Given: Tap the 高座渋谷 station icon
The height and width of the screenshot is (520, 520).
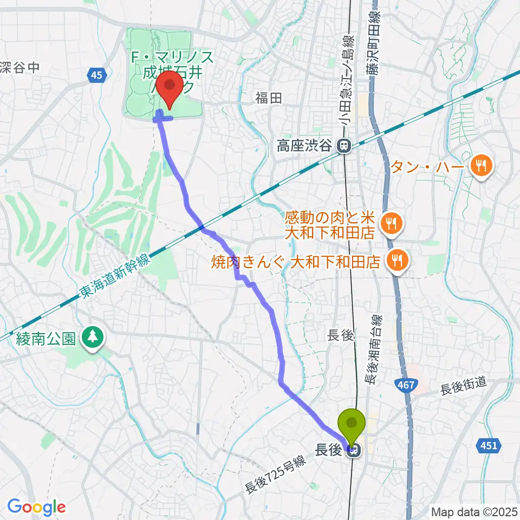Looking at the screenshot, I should pos(342,145).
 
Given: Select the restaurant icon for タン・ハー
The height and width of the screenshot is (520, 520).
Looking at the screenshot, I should pos(480,166).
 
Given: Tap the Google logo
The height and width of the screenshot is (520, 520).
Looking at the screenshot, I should pos(36,508).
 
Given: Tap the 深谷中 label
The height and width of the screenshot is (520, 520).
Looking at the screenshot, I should pos(19,67).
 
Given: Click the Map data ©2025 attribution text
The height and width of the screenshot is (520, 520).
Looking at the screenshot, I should pos(474,511).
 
